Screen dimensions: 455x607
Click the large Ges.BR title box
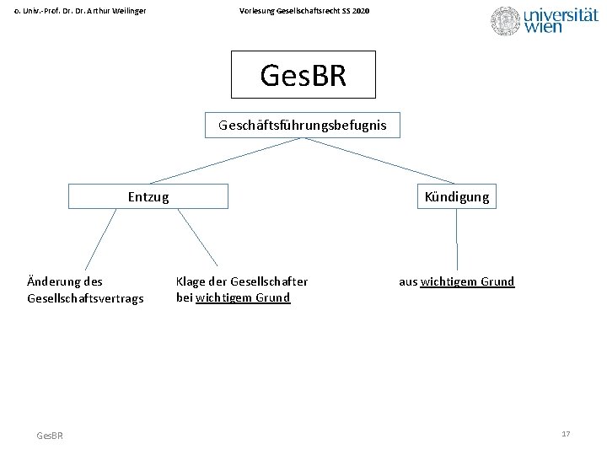303,75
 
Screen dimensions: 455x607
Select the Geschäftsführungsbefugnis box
303,126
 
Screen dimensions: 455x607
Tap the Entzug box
148,196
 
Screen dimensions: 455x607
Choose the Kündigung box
457,196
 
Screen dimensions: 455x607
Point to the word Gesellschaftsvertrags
85,298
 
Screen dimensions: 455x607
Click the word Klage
190,281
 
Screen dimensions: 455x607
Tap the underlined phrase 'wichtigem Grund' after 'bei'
243,297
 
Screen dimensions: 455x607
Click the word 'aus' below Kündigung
408,281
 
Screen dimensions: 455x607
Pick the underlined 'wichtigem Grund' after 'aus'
467,281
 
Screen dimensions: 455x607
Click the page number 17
566,433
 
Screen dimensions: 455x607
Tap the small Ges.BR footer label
50,435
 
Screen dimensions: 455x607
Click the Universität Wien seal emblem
506,21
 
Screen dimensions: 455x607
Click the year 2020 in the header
360,10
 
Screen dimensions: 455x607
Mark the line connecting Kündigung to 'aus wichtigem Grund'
457,239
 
